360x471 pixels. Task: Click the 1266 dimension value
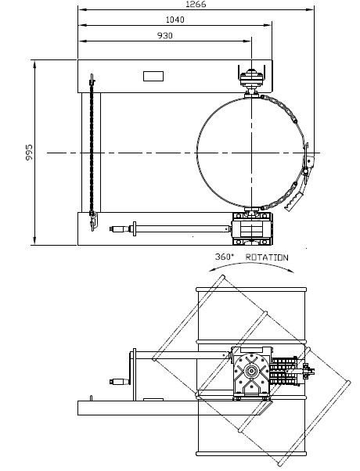[196, 4]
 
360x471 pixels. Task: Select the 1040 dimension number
[175, 20]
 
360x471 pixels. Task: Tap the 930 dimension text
[165, 35]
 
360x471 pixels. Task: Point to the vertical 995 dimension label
[29, 153]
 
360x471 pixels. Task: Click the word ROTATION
[267, 257]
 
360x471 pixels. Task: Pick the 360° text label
[224, 257]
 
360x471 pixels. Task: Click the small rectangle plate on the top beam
[153, 77]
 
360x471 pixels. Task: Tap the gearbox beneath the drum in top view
[252, 229]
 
